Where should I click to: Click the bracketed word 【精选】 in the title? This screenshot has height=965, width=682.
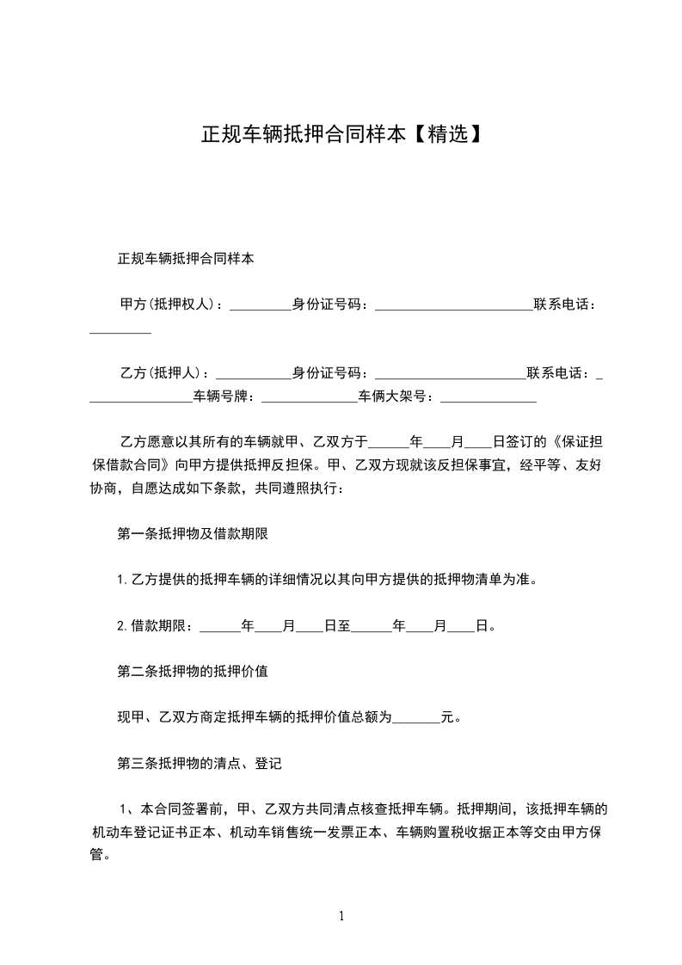tap(443, 134)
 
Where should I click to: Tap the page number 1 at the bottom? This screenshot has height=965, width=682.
tap(341, 916)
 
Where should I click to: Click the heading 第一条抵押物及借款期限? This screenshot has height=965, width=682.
tap(193, 533)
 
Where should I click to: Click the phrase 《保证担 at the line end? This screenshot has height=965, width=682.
tap(583, 443)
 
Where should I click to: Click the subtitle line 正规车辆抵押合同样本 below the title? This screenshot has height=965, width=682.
tap(185, 258)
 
